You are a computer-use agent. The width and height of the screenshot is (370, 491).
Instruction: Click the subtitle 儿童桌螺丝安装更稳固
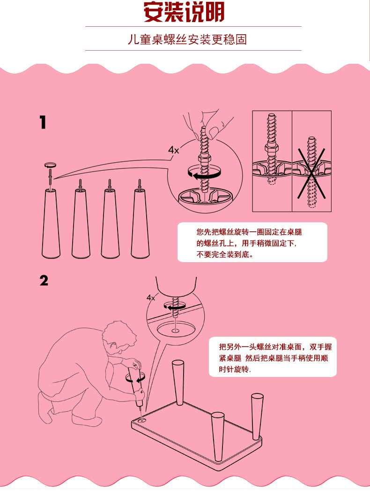[x=187, y=39]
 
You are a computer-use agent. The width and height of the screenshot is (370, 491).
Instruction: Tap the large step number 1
[x=43, y=122]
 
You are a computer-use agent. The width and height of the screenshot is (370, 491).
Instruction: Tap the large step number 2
[x=44, y=280]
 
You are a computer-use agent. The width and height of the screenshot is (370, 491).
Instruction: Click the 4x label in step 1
[x=174, y=150]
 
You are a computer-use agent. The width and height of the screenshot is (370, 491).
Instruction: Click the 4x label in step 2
[x=151, y=297]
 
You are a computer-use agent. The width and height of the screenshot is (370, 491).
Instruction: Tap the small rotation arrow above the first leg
[x=50, y=165]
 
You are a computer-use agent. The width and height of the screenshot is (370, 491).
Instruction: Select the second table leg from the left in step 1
[x=81, y=224]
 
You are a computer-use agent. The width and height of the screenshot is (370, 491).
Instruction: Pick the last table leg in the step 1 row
[x=140, y=224]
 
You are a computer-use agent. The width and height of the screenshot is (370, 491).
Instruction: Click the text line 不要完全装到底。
[x=224, y=254]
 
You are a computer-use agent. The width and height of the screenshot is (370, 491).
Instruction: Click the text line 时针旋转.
[x=234, y=370]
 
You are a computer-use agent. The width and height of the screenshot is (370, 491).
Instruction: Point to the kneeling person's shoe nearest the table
[x=87, y=420]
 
